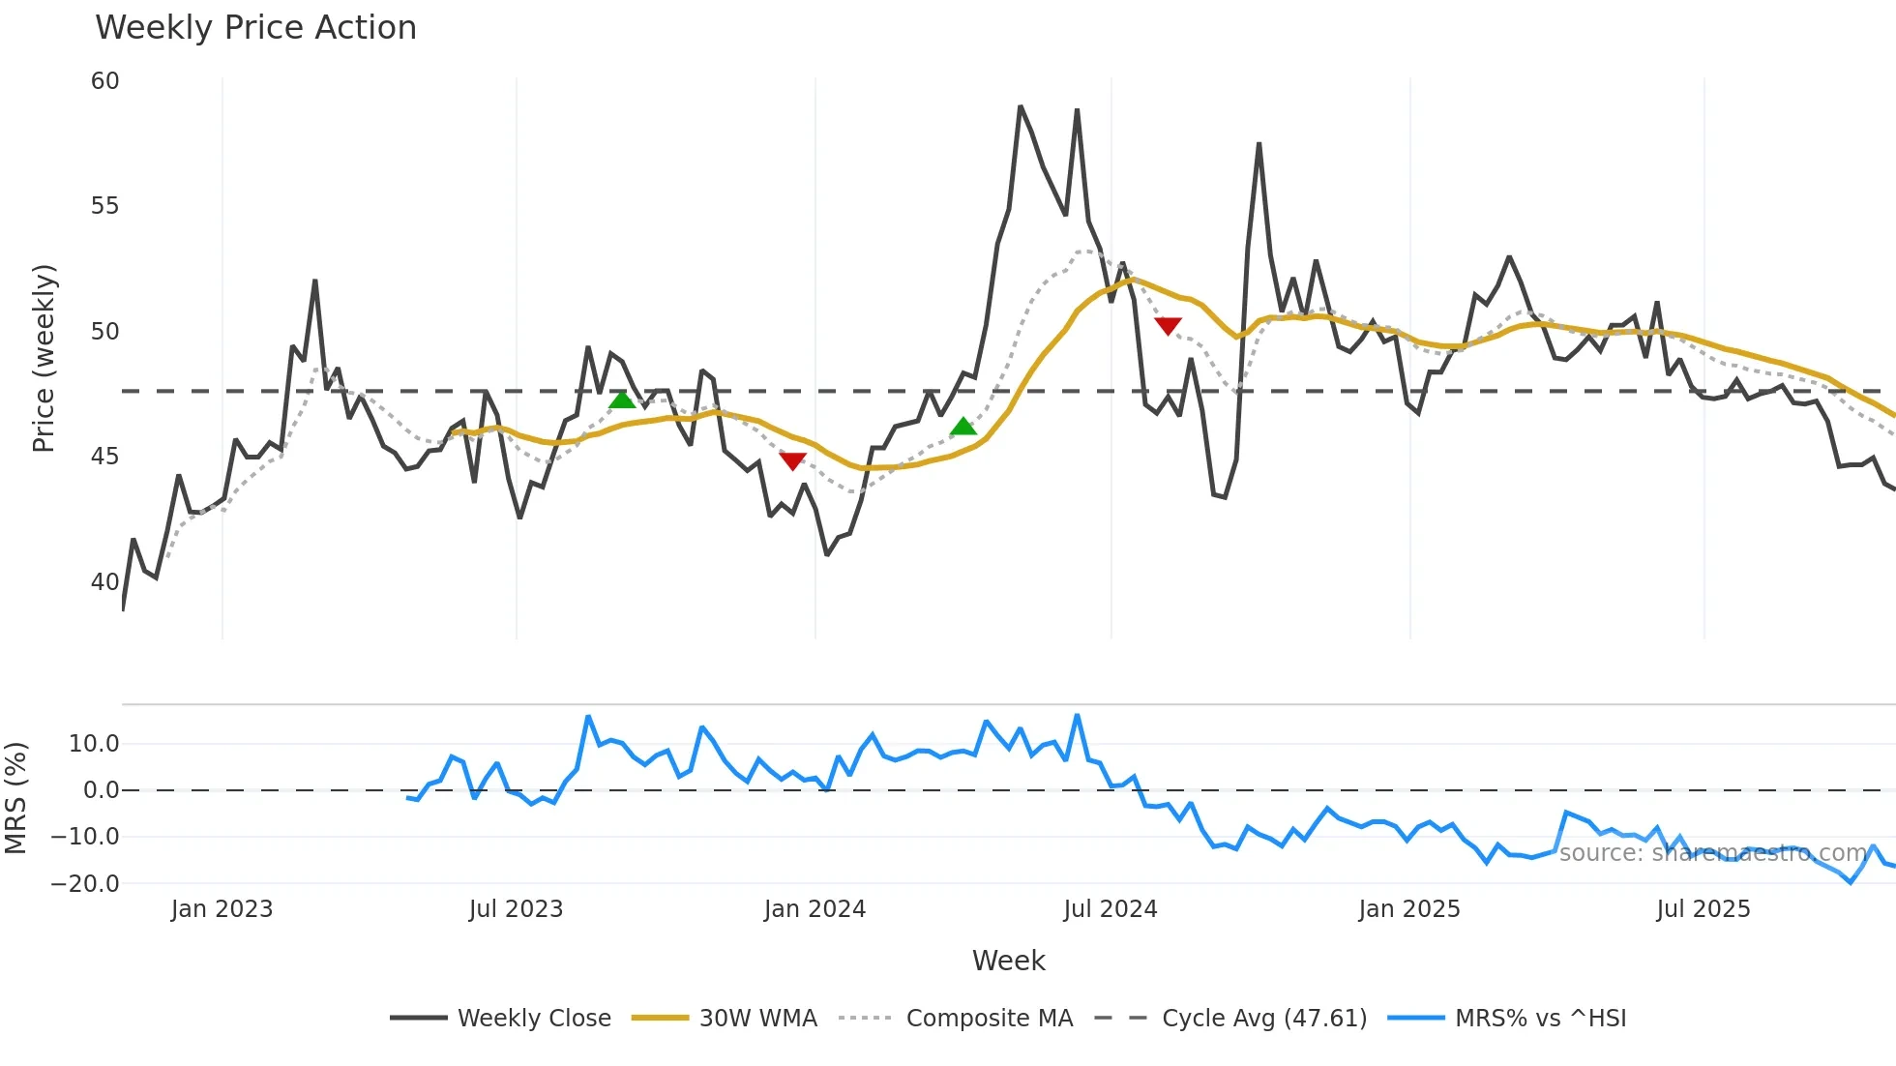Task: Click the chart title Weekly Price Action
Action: pyautogui.click(x=255, y=28)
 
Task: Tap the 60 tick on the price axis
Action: pyautogui.click(x=105, y=81)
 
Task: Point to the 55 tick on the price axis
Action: pyautogui.click(x=105, y=206)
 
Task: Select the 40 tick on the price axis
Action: pyautogui.click(x=105, y=582)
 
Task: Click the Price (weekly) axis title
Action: pyautogui.click(x=44, y=358)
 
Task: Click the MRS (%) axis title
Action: pyautogui.click(x=15, y=798)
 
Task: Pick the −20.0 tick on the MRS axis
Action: pyautogui.click(x=85, y=883)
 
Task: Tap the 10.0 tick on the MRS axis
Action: pyautogui.click(x=94, y=744)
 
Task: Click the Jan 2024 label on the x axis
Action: pyautogui.click(x=815, y=909)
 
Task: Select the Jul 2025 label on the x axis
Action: pyautogui.click(x=1703, y=909)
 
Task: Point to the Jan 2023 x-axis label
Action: pyautogui.click(x=222, y=909)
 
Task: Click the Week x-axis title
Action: pyautogui.click(x=1008, y=961)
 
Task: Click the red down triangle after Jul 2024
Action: pyautogui.click(x=1168, y=326)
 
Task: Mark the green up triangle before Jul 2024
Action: pyautogui.click(x=963, y=427)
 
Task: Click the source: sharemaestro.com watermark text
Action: pyautogui.click(x=1712, y=853)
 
